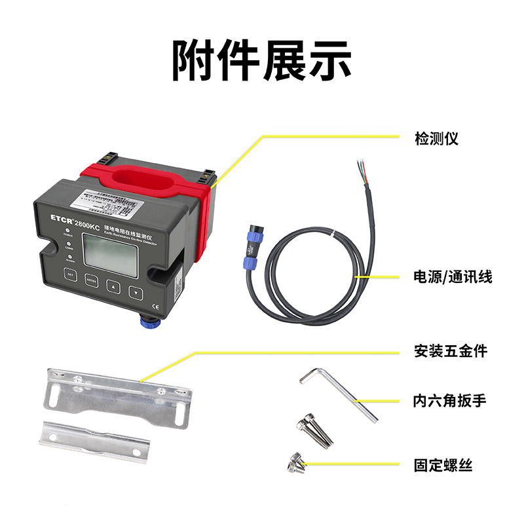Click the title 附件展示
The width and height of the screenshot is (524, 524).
(x=262, y=60)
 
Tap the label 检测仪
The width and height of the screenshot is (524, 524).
(x=436, y=138)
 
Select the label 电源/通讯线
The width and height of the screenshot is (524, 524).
(x=453, y=277)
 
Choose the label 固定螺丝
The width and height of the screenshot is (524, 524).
(x=443, y=466)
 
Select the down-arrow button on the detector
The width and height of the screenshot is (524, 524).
(x=135, y=292)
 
